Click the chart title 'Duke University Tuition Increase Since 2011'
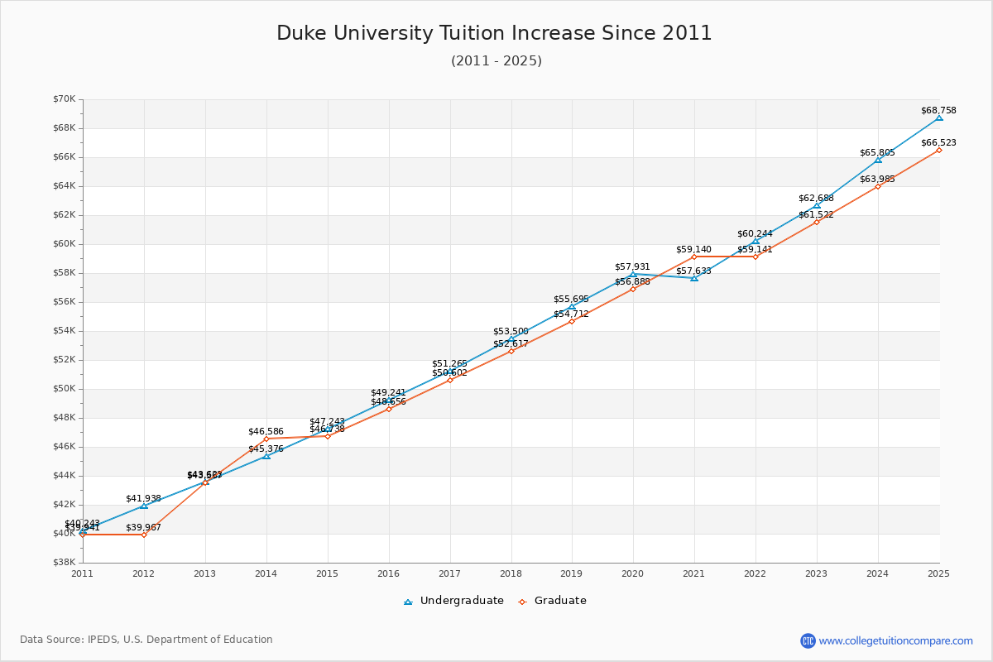[x=494, y=33]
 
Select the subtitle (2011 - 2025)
[x=496, y=61]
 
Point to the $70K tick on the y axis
[x=65, y=99]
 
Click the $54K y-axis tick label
[x=65, y=331]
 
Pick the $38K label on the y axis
[x=65, y=563]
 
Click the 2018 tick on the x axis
[x=511, y=573]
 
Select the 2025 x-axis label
[x=938, y=573]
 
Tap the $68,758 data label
[x=938, y=110]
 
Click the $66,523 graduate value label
[x=938, y=142]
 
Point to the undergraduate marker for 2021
[x=694, y=278]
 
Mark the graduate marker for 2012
[x=144, y=535]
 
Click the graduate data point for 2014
[x=266, y=439]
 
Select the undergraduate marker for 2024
[x=878, y=159]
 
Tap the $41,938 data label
[x=143, y=498]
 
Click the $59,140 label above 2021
[x=693, y=249]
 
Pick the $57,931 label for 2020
[x=632, y=266]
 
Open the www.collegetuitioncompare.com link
[x=895, y=640]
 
